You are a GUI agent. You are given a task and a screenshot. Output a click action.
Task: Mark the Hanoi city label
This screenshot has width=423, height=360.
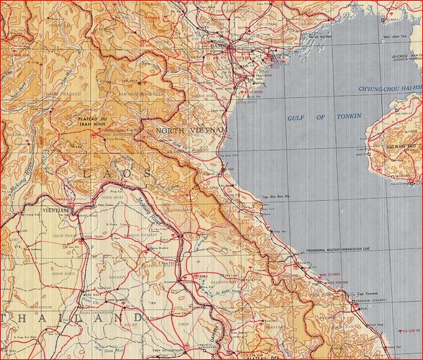point(234,45)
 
